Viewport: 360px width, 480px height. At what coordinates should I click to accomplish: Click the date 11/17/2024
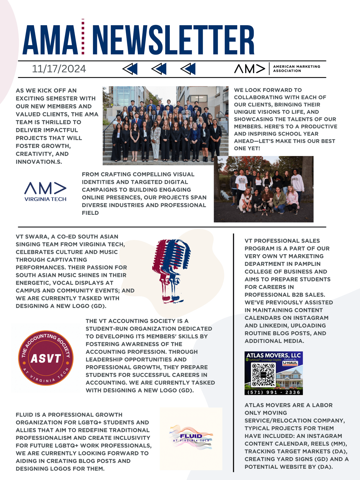59,69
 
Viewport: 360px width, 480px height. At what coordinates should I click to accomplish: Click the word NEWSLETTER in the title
173,40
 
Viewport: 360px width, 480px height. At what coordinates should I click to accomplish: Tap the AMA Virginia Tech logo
45,191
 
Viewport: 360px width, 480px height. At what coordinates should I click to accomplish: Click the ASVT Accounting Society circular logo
46,358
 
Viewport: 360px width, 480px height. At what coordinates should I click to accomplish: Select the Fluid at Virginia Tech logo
191,438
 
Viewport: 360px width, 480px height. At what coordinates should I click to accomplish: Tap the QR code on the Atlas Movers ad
263,375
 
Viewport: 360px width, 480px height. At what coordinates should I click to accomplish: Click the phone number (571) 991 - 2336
274,392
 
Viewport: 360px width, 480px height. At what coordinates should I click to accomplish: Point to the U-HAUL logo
290,363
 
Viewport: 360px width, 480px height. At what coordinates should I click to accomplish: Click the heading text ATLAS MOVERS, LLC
273,355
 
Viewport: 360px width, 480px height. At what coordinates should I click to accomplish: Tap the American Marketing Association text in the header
296,69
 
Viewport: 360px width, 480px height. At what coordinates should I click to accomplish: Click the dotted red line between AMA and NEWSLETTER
83,37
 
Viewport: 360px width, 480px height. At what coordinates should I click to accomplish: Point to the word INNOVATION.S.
39,162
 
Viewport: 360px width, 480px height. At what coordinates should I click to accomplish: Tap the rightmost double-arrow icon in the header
188,69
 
